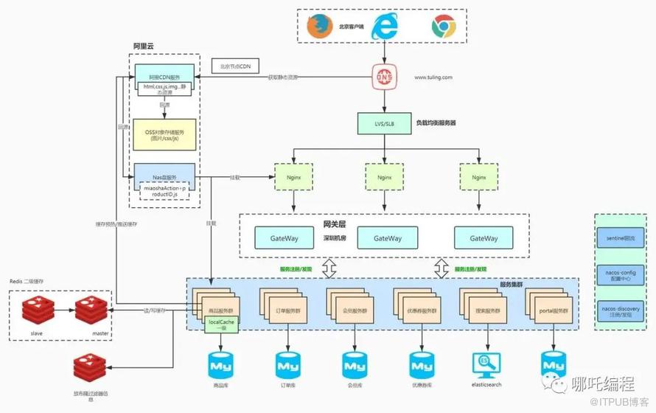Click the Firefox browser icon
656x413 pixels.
click(x=316, y=27)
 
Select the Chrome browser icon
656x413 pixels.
click(x=443, y=27)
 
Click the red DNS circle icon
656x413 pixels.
click(x=384, y=77)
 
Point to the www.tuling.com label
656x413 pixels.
click(x=433, y=77)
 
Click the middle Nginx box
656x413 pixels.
click(x=385, y=178)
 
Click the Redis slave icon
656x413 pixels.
click(x=37, y=312)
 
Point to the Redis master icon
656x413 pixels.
click(x=91, y=312)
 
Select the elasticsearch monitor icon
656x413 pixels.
click(x=486, y=364)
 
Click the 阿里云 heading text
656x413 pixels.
click(x=143, y=46)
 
